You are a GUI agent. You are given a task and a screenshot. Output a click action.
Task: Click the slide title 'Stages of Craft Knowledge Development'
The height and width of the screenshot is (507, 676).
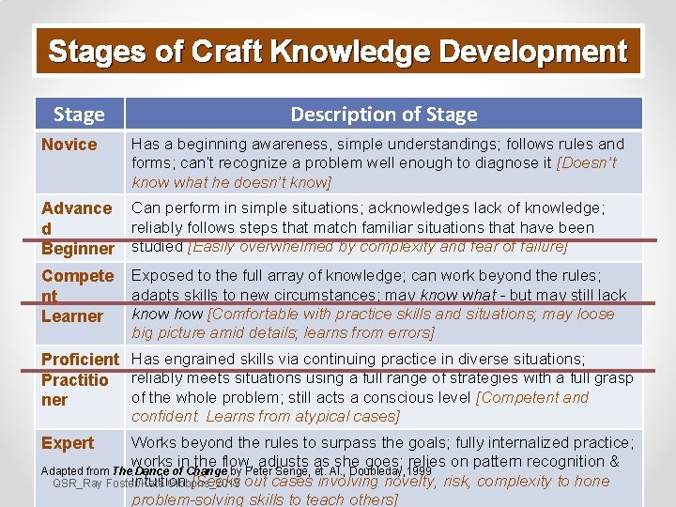coord(337,52)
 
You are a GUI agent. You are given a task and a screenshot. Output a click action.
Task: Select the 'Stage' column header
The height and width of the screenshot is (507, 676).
coord(79,115)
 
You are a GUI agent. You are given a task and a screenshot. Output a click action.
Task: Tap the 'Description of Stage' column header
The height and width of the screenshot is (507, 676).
coord(383,115)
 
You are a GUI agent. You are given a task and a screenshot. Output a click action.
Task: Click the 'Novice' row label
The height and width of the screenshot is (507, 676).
coord(69,144)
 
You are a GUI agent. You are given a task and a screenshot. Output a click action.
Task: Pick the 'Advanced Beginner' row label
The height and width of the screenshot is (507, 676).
coord(77,228)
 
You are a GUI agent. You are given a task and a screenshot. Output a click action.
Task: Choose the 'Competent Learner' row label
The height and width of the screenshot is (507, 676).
coord(76,296)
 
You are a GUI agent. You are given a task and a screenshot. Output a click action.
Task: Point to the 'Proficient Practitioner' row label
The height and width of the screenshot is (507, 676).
coord(80,379)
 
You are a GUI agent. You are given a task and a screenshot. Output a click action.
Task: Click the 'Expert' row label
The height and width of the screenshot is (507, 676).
coord(68,442)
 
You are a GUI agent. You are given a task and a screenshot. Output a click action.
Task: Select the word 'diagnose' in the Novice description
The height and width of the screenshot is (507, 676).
coord(489,162)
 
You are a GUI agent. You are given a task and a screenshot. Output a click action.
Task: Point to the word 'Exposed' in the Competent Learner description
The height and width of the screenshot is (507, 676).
coord(160,275)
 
